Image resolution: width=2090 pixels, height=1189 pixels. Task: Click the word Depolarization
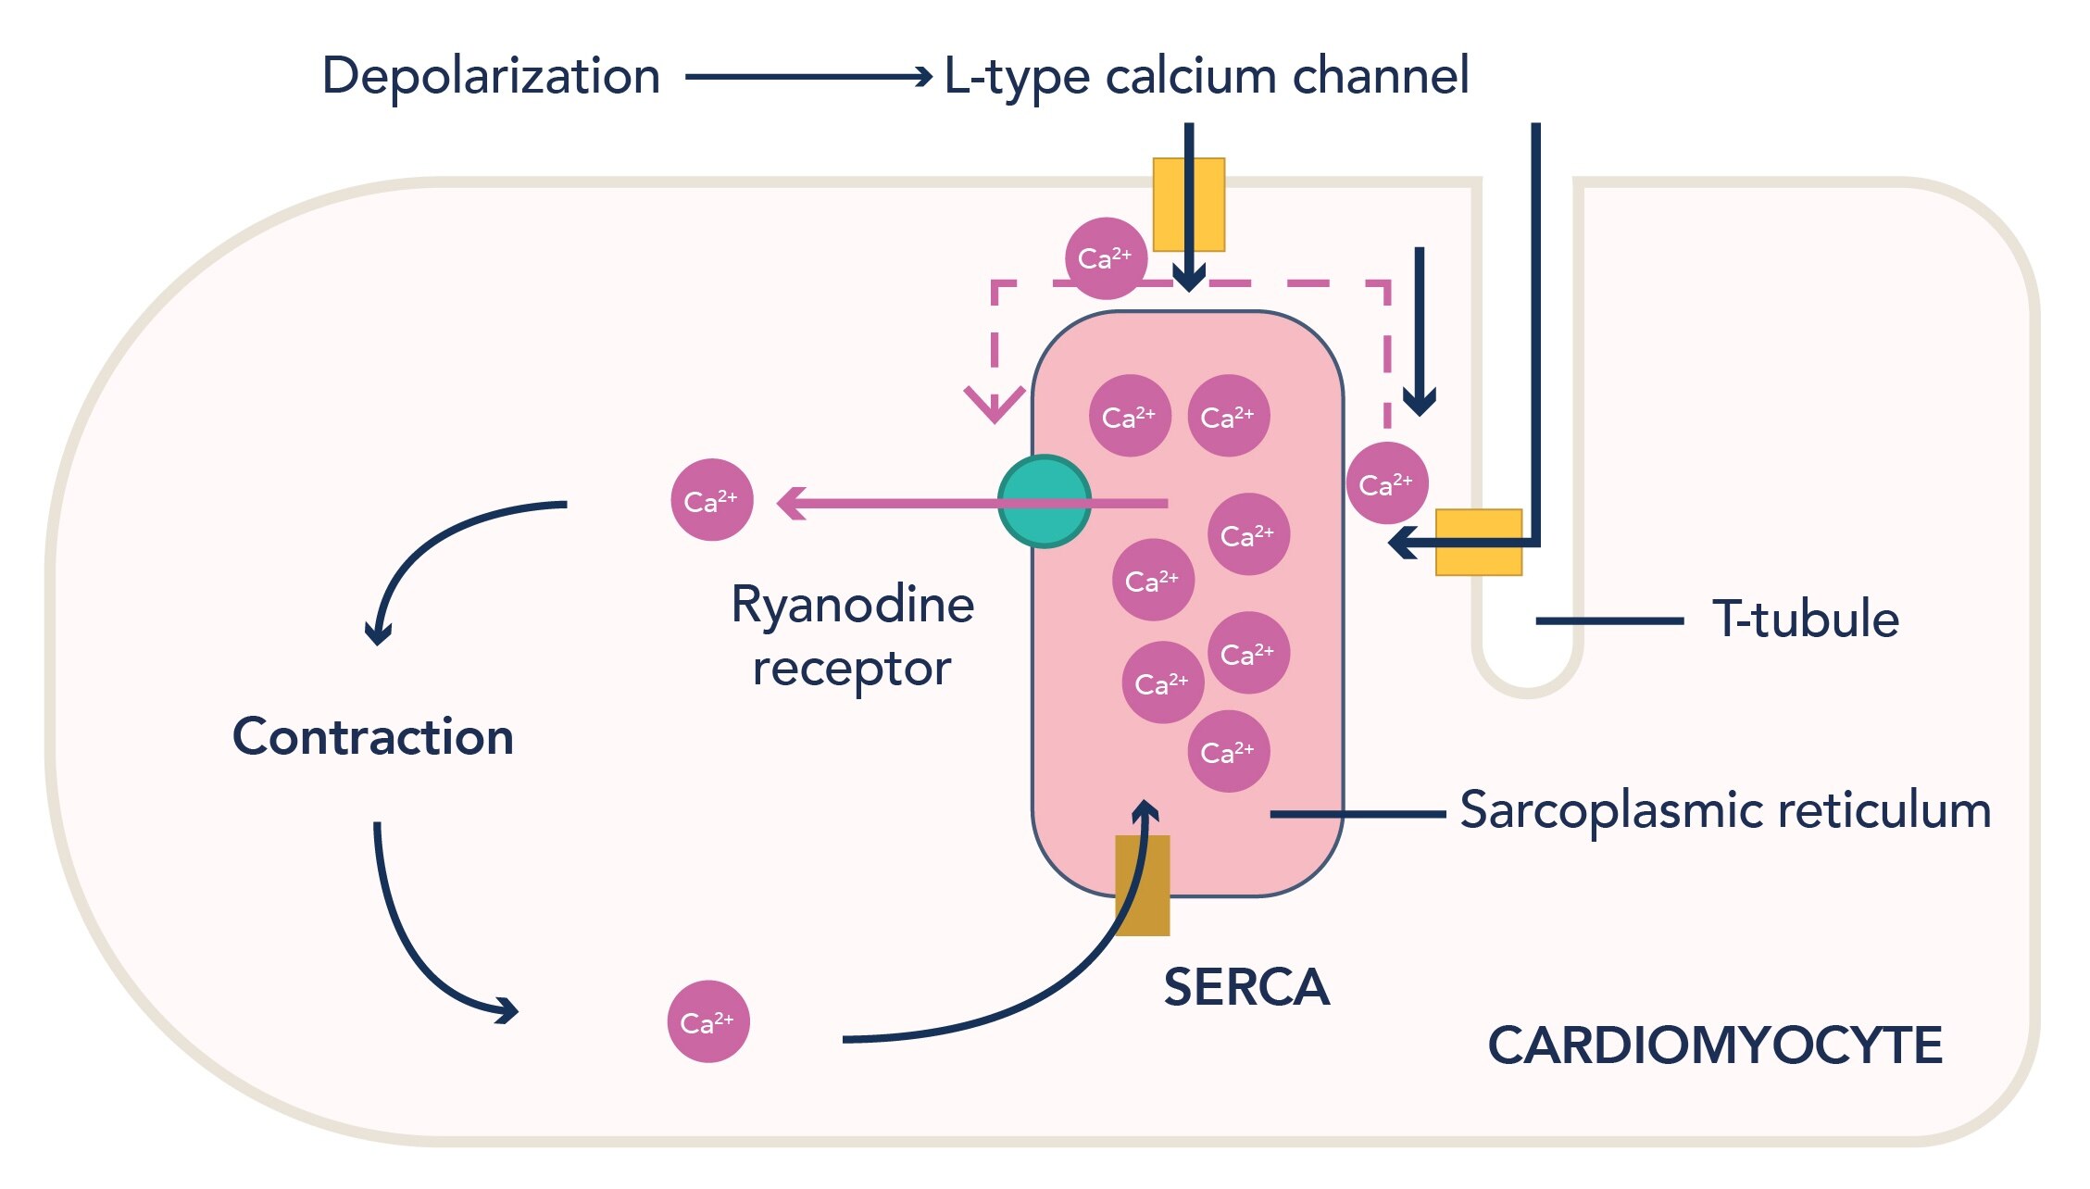click(491, 76)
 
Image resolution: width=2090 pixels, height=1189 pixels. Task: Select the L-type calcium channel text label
click(1206, 76)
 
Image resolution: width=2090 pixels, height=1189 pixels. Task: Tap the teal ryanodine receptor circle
click(1044, 502)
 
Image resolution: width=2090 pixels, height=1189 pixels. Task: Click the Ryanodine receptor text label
click(852, 636)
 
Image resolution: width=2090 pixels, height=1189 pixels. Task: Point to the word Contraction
click(373, 737)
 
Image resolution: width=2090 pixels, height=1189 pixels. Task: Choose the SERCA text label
click(1246, 987)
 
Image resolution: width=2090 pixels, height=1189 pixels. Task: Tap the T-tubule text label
click(1806, 620)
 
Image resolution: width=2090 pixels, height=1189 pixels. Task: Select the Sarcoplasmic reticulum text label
click(1725, 810)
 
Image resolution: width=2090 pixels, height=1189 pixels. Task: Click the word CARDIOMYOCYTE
click(1715, 1045)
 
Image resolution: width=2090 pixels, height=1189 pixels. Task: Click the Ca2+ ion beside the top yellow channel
click(1106, 258)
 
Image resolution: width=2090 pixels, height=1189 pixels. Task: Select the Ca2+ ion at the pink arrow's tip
click(711, 500)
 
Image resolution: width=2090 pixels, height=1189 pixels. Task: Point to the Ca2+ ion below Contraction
click(708, 1021)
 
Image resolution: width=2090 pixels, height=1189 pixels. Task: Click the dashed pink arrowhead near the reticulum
click(994, 404)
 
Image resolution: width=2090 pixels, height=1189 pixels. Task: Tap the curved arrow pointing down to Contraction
click(444, 546)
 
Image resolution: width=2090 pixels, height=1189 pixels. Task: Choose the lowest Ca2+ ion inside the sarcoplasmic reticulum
click(1228, 751)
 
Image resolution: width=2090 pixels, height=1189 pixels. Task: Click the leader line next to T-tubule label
click(1609, 620)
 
